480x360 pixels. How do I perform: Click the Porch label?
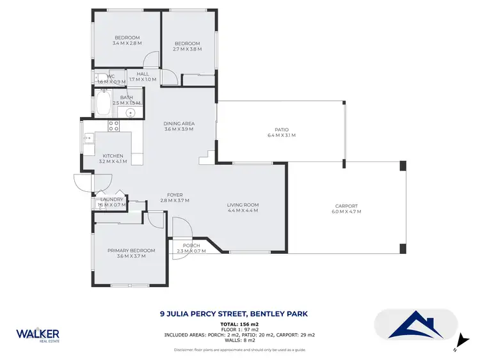(x=191, y=246)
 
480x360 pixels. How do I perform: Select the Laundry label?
(x=112, y=200)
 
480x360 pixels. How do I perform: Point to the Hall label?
(x=143, y=74)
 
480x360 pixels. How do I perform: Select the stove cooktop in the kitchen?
(x=114, y=126)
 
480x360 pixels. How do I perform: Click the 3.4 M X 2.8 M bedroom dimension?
(x=127, y=43)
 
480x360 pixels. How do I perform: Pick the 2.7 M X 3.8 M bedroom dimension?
(x=187, y=49)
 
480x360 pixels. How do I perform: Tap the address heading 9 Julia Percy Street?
(x=233, y=314)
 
